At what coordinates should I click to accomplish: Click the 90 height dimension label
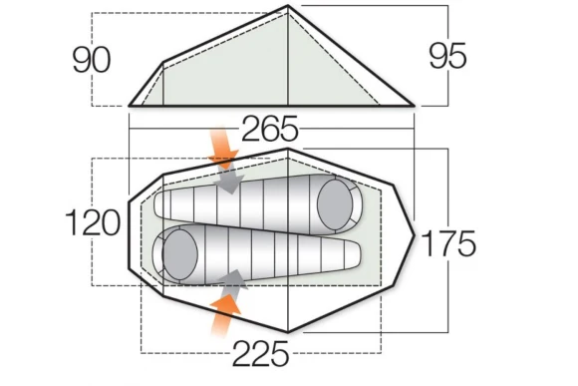point(92,60)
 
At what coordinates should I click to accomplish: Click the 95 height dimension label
point(447,56)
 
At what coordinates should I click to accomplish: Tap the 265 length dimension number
point(269,129)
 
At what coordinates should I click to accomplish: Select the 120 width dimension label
point(93,222)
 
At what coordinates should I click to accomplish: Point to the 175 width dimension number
point(447,243)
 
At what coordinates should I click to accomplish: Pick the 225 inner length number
point(260,353)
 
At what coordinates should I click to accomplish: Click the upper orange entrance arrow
point(222,148)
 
